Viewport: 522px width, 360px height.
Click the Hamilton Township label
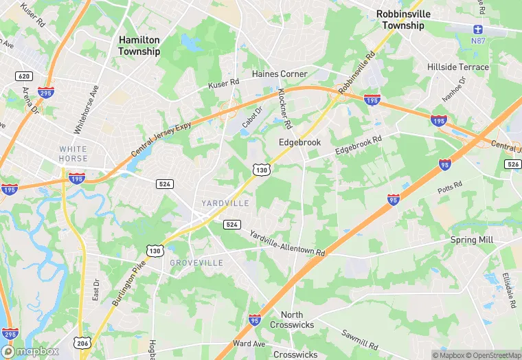(139, 46)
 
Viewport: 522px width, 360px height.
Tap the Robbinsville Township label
(402, 19)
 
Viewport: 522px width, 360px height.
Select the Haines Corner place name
(280, 74)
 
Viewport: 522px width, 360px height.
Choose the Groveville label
(196, 263)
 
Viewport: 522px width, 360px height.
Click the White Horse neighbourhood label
(73, 154)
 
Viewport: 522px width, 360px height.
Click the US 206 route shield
(82, 343)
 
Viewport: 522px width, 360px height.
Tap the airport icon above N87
(478, 30)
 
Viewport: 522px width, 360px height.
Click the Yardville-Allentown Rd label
(286, 243)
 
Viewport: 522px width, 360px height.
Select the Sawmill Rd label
(359, 338)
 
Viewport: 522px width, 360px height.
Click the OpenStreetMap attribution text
(492, 355)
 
